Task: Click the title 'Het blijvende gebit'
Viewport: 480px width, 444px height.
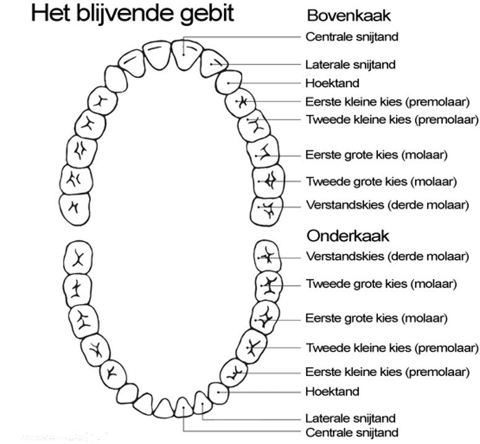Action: point(132,14)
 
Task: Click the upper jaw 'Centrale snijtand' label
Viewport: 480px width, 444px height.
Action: point(352,36)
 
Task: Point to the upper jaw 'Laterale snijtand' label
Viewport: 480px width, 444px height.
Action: point(351,64)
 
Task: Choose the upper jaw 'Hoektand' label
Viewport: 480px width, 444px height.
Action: point(332,83)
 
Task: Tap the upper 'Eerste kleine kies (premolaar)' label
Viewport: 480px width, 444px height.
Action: point(387,101)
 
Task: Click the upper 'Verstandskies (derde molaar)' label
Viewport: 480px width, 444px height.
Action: point(387,205)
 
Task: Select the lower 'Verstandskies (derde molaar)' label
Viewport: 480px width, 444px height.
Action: point(387,256)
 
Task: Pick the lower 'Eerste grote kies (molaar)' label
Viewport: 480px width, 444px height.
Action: point(377,318)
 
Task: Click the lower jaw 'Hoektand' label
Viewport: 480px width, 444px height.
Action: point(332,391)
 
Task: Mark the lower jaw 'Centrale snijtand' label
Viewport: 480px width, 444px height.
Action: point(352,432)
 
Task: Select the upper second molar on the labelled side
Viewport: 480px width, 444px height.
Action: point(268,181)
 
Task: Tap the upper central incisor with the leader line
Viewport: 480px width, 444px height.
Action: point(184,54)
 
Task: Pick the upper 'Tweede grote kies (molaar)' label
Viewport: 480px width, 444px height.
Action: point(381,182)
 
